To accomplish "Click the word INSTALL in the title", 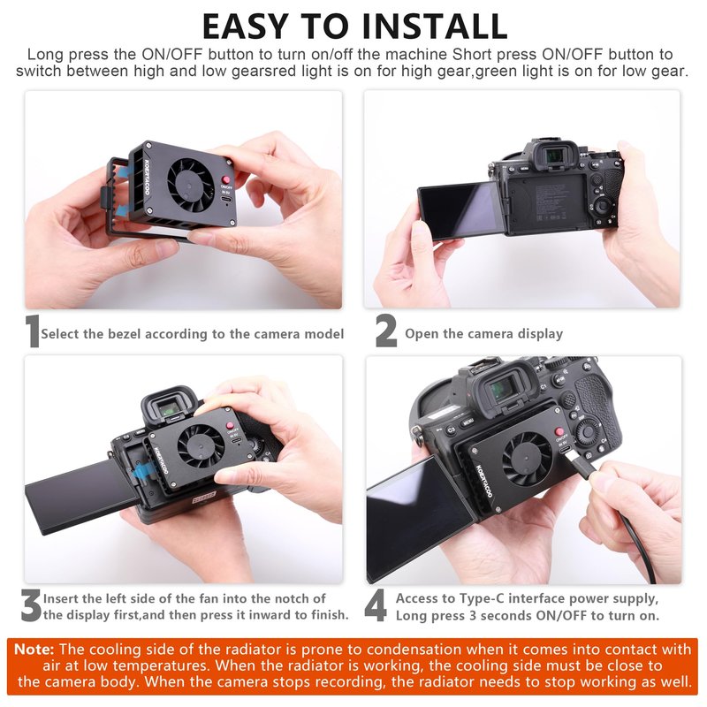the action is [x=435, y=27].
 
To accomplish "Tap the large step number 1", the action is [x=32, y=331].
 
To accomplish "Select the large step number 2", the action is [x=386, y=331].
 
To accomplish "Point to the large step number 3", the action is [x=31, y=605].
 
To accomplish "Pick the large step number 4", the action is [x=376, y=605].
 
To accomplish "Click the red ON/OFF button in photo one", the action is [x=226, y=179].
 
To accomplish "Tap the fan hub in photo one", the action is [x=188, y=185].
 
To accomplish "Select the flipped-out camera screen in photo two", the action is [x=462, y=209].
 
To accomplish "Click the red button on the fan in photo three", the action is [x=230, y=426].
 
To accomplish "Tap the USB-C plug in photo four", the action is [x=579, y=465].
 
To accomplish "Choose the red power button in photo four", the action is [x=559, y=431].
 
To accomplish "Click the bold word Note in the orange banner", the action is [x=34, y=650].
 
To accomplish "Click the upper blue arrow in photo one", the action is [x=129, y=172].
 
